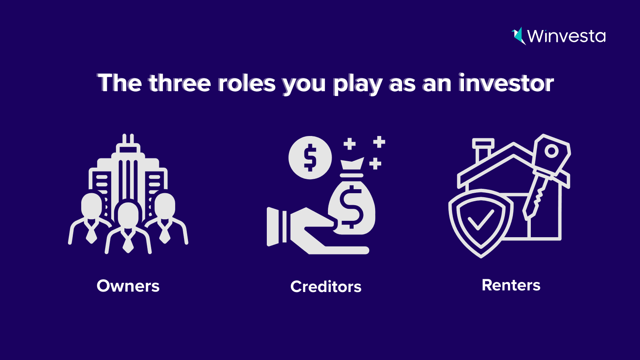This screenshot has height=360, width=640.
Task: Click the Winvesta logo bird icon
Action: pos(518,36)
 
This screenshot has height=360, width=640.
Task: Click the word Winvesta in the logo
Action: pos(566,36)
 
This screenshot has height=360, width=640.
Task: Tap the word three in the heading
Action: pos(180,83)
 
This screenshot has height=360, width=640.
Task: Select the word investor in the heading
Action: pos(506,83)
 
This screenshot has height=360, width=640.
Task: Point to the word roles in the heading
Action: pos(247,83)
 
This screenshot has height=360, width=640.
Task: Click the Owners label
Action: pos(128,286)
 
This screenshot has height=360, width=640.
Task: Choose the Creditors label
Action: pos(326,286)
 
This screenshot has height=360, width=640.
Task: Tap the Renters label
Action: pos(511,285)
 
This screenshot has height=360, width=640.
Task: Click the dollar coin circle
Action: pos(310,158)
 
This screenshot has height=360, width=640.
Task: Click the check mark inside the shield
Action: pos(481,220)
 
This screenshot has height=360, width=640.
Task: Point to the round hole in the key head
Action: pos(552,151)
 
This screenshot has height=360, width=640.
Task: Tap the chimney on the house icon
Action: pos(483,150)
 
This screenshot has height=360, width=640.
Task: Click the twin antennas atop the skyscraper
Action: pos(128,139)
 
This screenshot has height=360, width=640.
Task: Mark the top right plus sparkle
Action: pos(379,142)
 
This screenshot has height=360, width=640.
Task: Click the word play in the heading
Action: pos(358,84)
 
